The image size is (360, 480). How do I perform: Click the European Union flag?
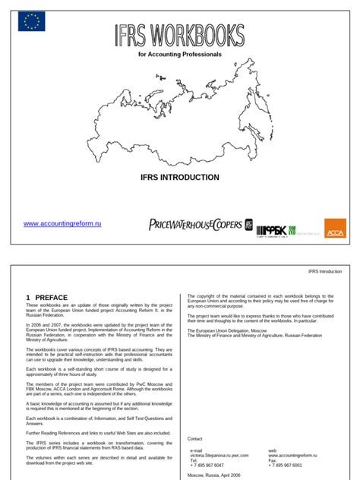click(x=32, y=22)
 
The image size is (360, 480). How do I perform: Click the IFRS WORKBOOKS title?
click(x=179, y=35)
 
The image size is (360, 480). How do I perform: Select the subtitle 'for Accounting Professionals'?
click(x=179, y=55)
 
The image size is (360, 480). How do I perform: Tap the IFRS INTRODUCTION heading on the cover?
click(x=180, y=177)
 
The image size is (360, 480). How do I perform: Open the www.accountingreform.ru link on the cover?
click(x=62, y=224)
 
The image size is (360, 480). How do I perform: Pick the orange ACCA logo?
click(x=335, y=227)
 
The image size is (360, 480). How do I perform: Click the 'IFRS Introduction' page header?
click(x=325, y=271)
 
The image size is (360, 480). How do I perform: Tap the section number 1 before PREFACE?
click(x=28, y=298)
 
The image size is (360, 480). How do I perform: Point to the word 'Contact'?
click(x=195, y=438)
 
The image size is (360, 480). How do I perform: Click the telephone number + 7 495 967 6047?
click(x=207, y=465)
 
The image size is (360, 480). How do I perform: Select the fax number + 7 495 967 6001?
click(x=285, y=465)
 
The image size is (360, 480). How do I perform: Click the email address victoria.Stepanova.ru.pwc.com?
click(x=219, y=455)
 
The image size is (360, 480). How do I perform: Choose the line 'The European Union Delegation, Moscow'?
click(x=227, y=331)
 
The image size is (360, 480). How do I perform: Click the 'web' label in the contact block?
click(x=273, y=450)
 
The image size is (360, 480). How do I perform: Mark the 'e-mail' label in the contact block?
click(x=196, y=450)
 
